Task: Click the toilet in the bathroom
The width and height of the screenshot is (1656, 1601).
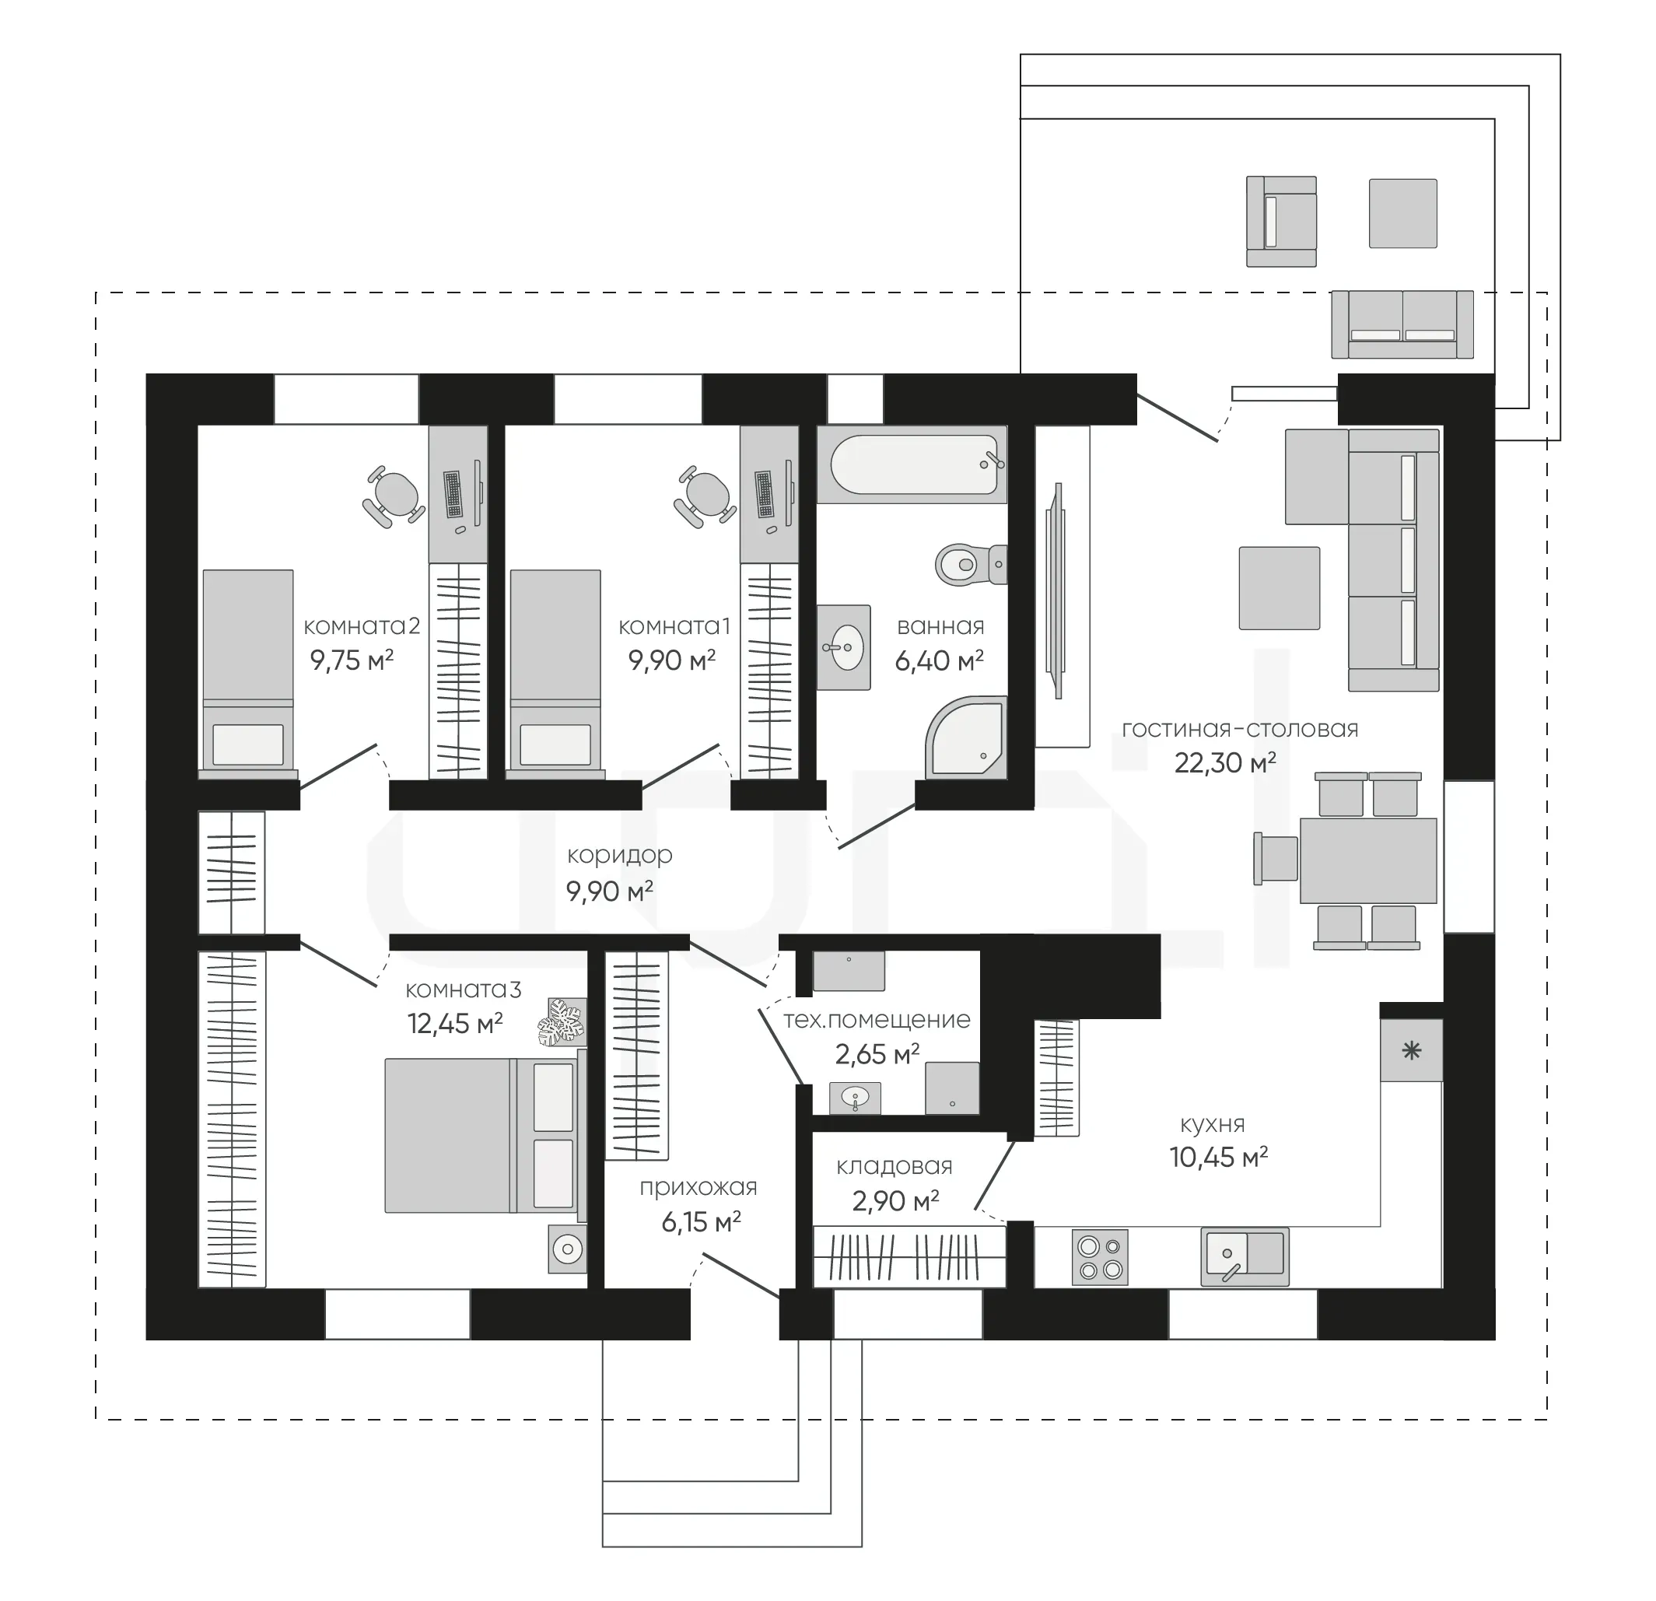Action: click(972, 563)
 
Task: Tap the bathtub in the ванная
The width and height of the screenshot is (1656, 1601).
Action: click(912, 464)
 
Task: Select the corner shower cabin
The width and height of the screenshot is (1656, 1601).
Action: click(967, 737)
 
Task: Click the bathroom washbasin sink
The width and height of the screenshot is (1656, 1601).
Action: click(843, 647)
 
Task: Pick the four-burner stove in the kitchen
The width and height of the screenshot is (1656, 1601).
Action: click(1101, 1257)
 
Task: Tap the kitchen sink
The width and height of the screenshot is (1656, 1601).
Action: click(1245, 1256)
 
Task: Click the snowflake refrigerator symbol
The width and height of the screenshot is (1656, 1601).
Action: click(1412, 1051)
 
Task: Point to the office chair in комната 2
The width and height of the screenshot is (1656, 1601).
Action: click(394, 497)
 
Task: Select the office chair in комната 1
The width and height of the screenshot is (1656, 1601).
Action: click(705, 497)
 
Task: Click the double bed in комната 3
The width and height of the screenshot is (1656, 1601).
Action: click(486, 1136)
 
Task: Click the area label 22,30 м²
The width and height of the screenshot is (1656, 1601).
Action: click(1225, 763)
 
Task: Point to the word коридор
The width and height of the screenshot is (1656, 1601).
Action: click(619, 855)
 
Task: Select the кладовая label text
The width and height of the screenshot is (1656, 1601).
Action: click(894, 1167)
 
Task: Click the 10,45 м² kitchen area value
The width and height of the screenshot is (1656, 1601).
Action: click(1218, 1157)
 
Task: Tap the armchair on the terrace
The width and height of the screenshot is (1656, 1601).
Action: click(1282, 222)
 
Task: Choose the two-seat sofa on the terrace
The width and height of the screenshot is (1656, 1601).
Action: click(1402, 324)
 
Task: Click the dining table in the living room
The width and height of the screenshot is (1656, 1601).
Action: click(1368, 860)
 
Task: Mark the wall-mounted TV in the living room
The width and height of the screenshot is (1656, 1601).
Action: click(1056, 590)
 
